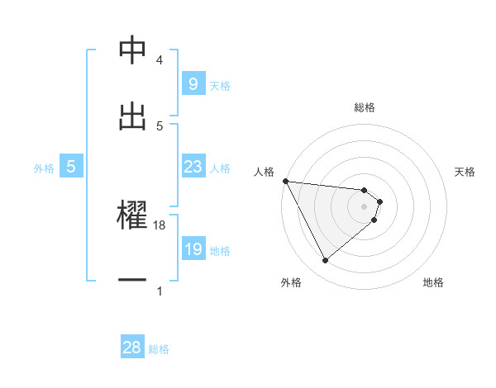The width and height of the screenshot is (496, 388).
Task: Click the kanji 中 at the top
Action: (132, 50)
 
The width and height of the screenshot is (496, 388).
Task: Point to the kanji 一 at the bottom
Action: (132, 280)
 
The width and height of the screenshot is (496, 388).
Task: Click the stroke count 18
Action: (160, 225)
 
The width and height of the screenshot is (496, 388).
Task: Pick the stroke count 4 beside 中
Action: (160, 60)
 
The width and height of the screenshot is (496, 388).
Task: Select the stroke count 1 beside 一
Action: (160, 291)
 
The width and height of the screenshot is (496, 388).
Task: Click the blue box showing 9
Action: (193, 83)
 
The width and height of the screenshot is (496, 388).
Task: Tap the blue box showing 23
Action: (193, 167)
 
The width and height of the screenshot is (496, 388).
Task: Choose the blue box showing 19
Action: (193, 249)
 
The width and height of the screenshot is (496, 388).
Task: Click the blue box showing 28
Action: (132, 348)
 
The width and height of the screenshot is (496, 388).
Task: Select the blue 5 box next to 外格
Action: (71, 167)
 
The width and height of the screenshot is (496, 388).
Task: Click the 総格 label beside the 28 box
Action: (159, 349)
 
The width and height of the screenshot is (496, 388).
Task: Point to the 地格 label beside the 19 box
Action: (220, 250)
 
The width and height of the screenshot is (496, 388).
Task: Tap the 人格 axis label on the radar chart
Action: (265, 172)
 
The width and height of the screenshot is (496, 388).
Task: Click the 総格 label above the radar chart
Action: (365, 107)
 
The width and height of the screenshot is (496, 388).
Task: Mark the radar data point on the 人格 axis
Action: (285, 181)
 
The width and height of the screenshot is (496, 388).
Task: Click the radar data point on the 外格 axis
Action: (325, 261)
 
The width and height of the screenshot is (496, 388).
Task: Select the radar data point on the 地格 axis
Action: (374, 220)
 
